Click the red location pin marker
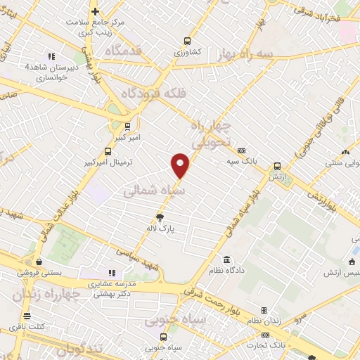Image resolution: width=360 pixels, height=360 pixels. coord(181,165)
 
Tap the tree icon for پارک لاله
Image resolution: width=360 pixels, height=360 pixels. coord(160,217)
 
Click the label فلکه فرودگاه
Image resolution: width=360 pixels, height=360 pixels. coord(152,93)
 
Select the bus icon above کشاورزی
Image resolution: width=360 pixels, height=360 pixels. coord(187,41)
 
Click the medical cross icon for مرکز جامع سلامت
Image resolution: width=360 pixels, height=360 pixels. coord(96,11)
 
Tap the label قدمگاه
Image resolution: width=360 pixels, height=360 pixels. coord(123,51)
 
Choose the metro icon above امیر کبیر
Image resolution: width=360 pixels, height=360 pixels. coord(127,127)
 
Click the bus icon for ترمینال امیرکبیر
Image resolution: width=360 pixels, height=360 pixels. coord(108,150)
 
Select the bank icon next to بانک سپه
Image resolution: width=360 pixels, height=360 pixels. coord(241,150)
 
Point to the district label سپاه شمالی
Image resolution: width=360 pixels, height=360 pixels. coord(155,191)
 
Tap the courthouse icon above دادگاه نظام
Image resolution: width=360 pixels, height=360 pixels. coord(227,259)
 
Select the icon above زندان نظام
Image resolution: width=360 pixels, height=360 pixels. coord(264,310)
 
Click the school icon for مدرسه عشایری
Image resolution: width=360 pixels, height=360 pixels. coord(110,272)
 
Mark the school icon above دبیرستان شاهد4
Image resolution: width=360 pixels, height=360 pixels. coord(51,56)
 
